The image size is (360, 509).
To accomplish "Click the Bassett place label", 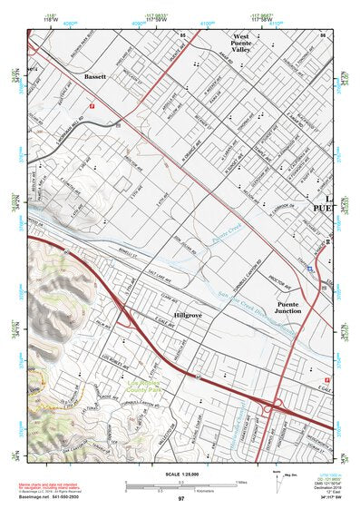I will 94,77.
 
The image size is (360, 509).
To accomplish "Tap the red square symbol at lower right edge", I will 328,379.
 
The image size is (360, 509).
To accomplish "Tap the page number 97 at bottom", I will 180,499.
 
